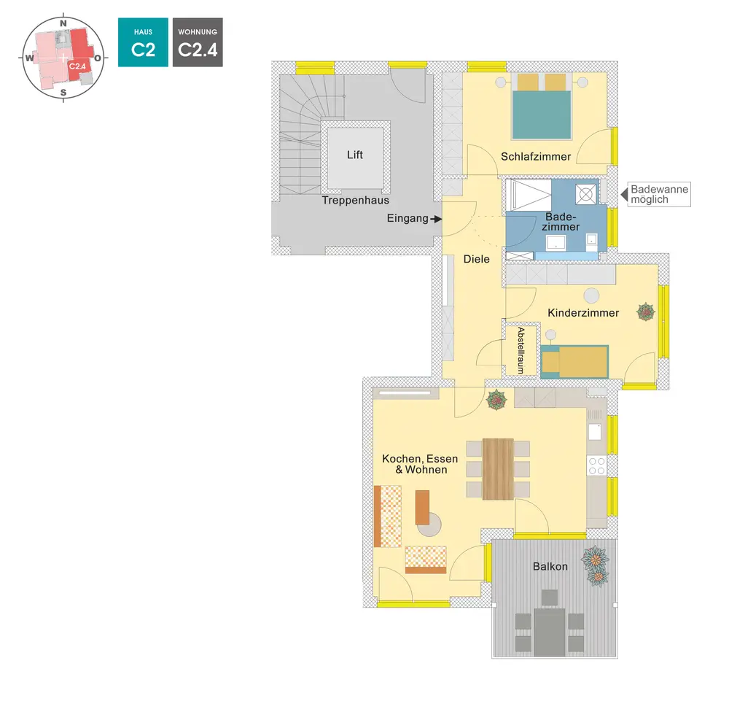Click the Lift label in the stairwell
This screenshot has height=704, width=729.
click(355, 155)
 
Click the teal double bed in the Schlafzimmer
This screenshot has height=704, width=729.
click(541, 115)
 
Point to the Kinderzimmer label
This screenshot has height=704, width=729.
click(583, 313)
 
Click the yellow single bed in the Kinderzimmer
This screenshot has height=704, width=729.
click(574, 361)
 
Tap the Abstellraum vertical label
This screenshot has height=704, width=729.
click(521, 351)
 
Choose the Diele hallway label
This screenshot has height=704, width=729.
click(477, 259)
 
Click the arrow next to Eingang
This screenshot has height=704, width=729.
click(437, 218)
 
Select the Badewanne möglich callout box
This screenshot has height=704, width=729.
click(658, 194)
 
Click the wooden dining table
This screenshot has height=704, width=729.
click(498, 468)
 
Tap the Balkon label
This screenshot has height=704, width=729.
click(550, 566)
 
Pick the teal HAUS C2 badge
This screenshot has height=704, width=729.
click(143, 42)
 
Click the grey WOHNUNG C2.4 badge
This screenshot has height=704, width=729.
click(198, 42)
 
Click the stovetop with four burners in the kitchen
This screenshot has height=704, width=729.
click(596, 465)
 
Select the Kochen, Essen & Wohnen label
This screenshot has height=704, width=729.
click(420, 464)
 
